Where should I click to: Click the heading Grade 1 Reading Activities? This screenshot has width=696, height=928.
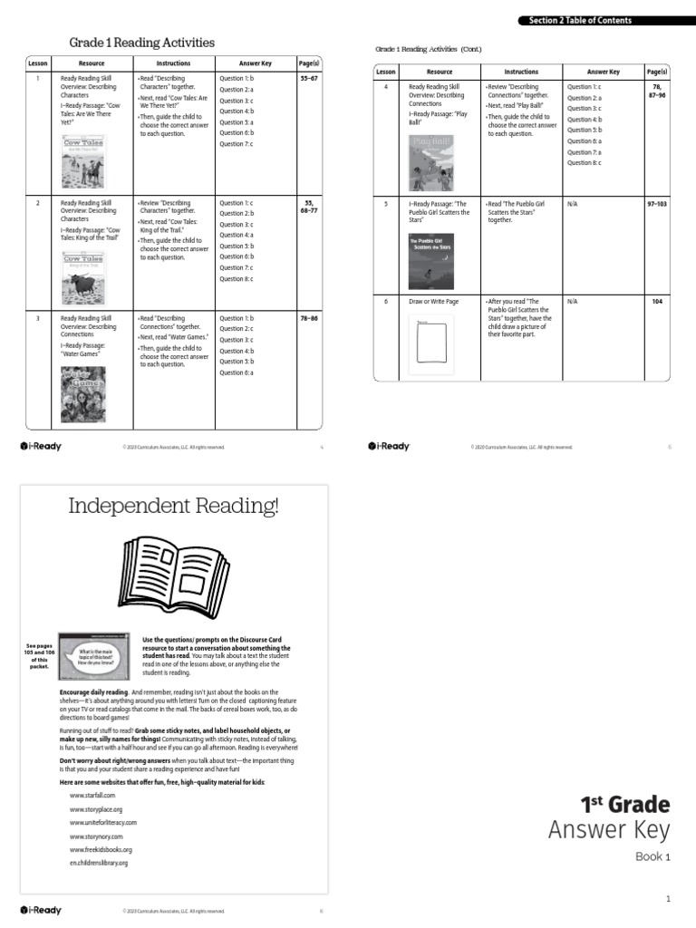coord(142,43)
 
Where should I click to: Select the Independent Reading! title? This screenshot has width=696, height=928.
coord(174,506)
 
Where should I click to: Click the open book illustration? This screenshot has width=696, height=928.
coord(174,575)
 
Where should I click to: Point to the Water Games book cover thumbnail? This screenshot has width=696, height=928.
coord(82,394)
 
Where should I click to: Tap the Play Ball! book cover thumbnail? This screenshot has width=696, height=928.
coord(431,163)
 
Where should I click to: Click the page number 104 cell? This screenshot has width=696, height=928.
coord(657,301)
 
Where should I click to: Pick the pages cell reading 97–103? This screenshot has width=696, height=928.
coord(657,204)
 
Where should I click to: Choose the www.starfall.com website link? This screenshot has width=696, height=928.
coord(92,794)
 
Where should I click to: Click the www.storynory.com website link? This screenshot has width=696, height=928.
coord(95,836)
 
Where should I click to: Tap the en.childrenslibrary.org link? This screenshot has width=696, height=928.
coord(99,863)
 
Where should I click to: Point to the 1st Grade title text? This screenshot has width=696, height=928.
coord(624,804)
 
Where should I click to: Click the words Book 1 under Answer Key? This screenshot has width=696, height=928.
coord(652,856)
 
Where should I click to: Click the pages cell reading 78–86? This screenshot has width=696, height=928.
coord(309,319)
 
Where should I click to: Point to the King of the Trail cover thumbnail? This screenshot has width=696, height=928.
coord(82,277)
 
